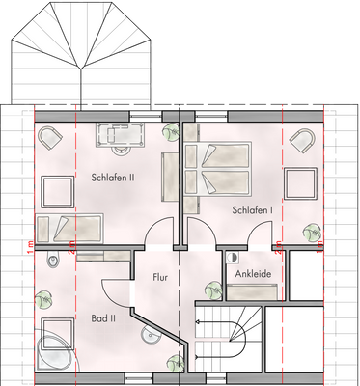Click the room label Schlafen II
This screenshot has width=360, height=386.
[x=113, y=178]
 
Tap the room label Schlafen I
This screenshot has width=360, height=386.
[x=252, y=209]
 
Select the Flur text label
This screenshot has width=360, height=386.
[x=161, y=277]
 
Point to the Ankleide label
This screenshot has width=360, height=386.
[x=253, y=274]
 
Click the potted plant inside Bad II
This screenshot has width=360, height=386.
[x=42, y=300]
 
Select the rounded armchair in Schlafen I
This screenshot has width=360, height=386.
[x=301, y=141]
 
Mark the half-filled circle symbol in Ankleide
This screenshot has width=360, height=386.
[x=232, y=258]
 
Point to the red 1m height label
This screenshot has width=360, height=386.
[x=30, y=249]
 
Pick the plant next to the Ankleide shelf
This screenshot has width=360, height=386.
[x=209, y=288]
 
